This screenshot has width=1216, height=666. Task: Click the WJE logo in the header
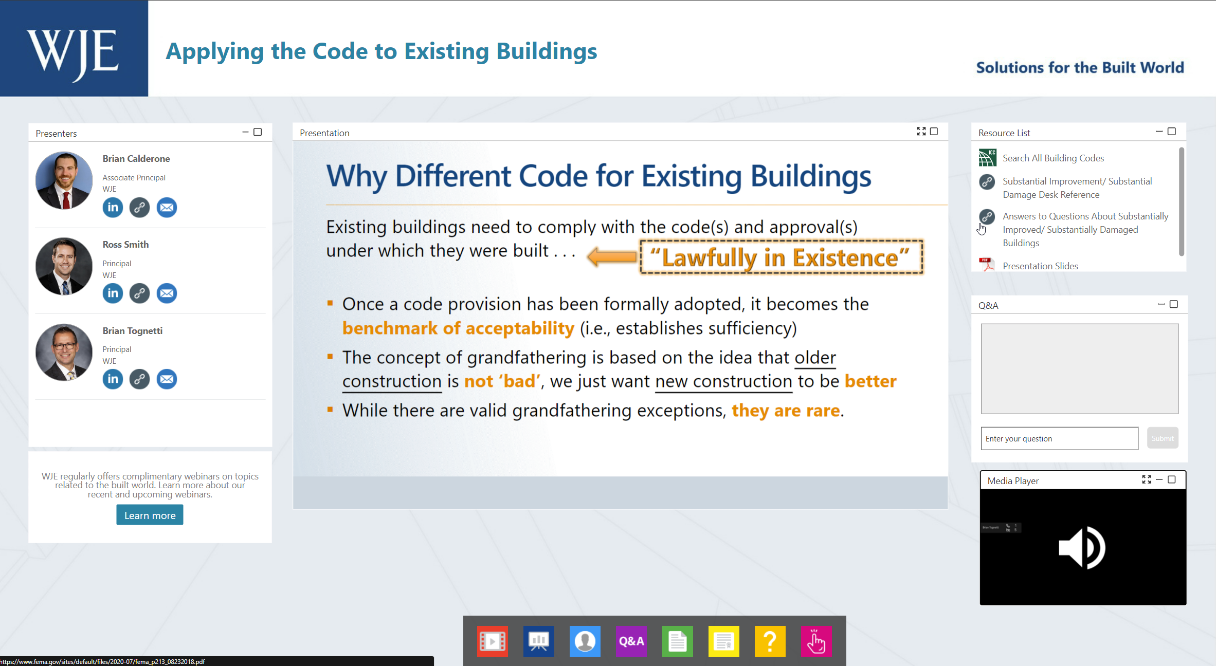(x=74, y=49)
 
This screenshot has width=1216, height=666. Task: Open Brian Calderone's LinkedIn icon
(x=113, y=208)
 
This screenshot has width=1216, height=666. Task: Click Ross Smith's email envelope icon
(x=167, y=293)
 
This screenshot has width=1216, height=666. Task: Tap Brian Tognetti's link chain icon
(x=139, y=379)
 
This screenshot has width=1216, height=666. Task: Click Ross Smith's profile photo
(x=64, y=266)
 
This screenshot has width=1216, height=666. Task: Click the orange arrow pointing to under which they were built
(x=611, y=256)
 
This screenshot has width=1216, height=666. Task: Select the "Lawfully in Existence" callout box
(x=781, y=257)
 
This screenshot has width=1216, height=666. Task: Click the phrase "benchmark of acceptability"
(x=458, y=328)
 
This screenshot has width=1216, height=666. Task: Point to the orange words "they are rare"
(x=786, y=410)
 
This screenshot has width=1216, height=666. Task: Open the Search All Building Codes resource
(x=1053, y=158)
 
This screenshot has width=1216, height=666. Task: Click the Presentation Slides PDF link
(x=1040, y=266)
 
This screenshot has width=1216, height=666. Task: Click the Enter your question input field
(x=1059, y=438)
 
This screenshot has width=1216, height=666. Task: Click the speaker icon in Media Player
(x=1082, y=548)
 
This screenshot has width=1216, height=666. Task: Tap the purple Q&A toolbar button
(x=631, y=641)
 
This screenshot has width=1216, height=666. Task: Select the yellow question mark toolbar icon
(x=770, y=641)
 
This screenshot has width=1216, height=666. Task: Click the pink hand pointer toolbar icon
(x=816, y=641)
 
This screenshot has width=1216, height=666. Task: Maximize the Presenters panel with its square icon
(x=258, y=132)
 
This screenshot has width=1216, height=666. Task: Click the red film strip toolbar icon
(x=493, y=641)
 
